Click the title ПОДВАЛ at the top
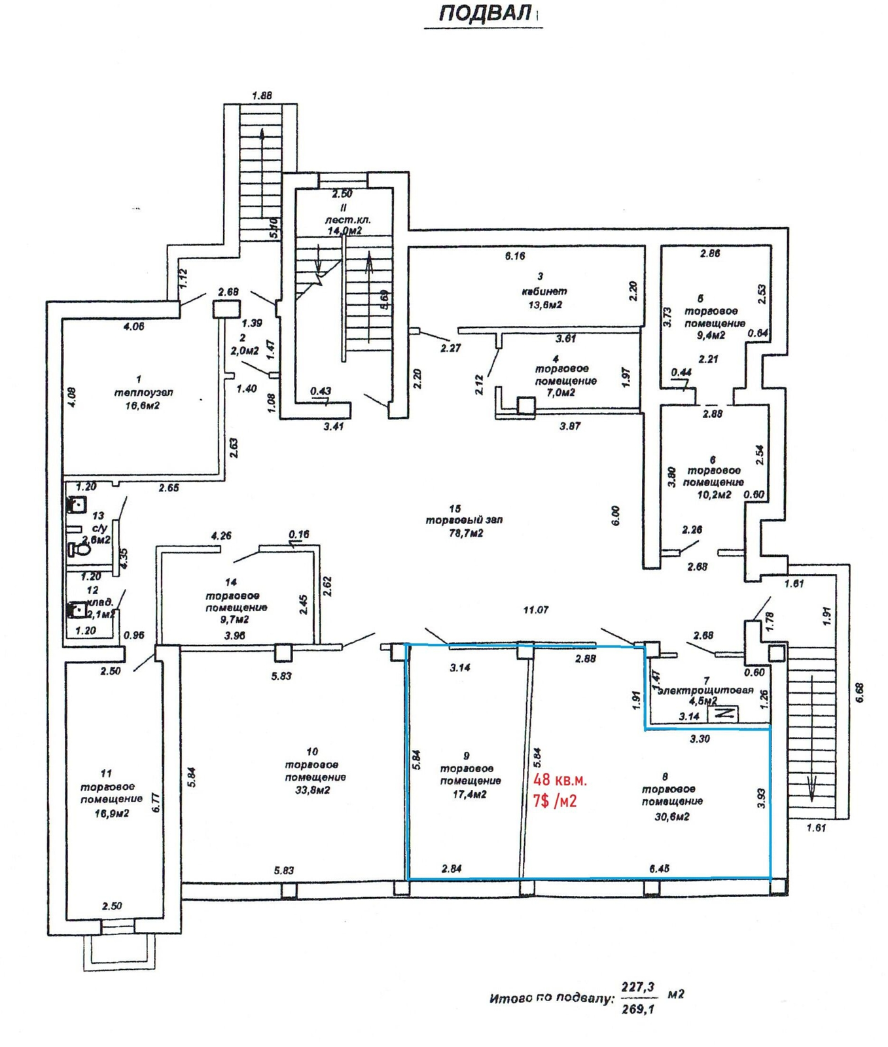(484, 14)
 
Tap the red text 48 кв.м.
(560, 780)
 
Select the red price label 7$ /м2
(555, 800)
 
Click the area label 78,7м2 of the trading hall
(464, 533)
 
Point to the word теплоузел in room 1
(143, 393)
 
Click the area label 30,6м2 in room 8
(671, 817)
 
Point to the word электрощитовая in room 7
(706, 690)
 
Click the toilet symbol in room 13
(79, 548)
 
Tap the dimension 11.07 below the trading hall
(535, 610)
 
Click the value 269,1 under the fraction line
(637, 1009)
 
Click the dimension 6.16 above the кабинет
(515, 256)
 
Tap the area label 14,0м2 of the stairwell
(345, 231)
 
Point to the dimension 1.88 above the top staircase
(262, 96)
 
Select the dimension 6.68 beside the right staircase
(859, 692)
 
